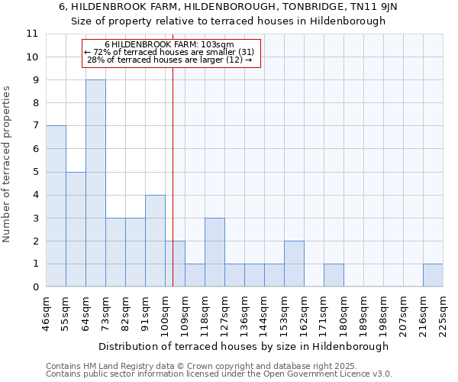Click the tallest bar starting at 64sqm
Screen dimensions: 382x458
pyautogui.click(x=95, y=183)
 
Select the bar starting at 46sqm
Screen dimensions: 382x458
pyautogui.click(x=56, y=206)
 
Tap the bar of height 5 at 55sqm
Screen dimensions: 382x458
pyautogui.click(x=76, y=229)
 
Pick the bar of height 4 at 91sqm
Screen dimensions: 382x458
pyautogui.click(x=155, y=241)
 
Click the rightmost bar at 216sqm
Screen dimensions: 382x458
pyautogui.click(x=433, y=276)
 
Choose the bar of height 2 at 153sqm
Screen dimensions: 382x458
pyautogui.click(x=294, y=264)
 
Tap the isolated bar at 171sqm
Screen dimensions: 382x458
pyautogui.click(x=334, y=276)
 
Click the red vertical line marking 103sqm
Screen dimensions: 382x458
pyautogui.click(x=173, y=191)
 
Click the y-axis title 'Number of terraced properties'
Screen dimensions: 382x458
pyautogui.click(x=7, y=163)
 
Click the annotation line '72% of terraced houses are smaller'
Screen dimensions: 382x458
pyautogui.click(x=173, y=52)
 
